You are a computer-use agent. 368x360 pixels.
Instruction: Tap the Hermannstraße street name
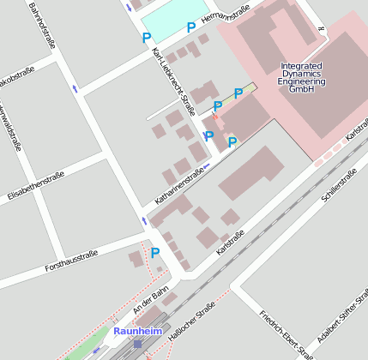(x=225, y=17)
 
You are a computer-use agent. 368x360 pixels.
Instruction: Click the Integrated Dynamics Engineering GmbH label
(x=302, y=78)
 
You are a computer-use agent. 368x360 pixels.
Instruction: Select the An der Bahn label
(x=151, y=300)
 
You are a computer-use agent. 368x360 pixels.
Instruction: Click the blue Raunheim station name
(x=137, y=330)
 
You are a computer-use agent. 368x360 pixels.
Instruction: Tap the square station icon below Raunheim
(x=137, y=344)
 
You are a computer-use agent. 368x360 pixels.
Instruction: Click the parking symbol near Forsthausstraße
(x=155, y=253)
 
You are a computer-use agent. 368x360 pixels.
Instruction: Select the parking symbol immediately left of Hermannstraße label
(x=191, y=27)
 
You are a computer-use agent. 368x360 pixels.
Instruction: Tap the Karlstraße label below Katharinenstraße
(x=232, y=232)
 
